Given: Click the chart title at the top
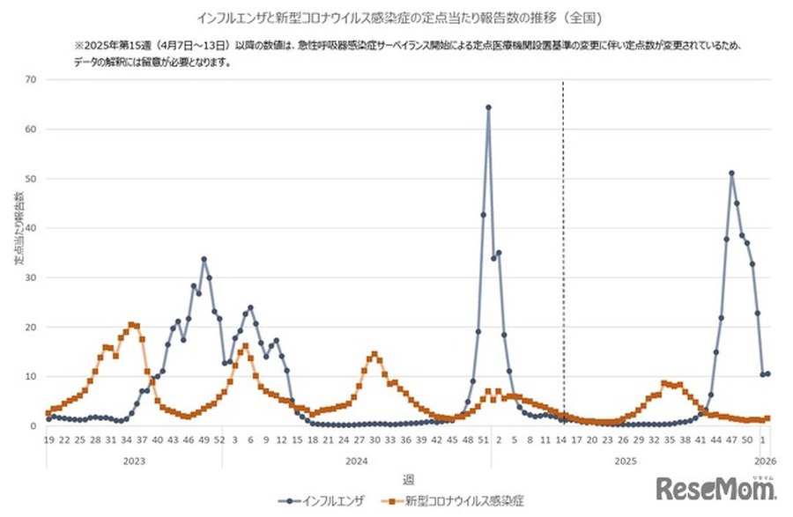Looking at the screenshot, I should coord(396,16).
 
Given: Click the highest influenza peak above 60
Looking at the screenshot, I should coord(488,107).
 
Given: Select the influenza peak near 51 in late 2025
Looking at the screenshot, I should coord(731,174).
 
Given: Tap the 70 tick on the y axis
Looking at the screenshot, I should coord(32,79).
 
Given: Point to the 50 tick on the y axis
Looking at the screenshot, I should coord(32,179).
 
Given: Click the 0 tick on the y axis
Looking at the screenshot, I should coord(34,426).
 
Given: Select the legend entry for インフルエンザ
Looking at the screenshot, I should coord(337,499).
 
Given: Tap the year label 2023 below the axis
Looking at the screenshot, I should coord(134,460).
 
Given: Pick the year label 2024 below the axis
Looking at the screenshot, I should coord(357,460).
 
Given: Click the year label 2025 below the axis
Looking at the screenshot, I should coord(626,460).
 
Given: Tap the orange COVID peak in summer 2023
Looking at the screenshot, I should coord(132,325).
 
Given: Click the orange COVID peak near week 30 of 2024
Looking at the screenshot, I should coord(374,355).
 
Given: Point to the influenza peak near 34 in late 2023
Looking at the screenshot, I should coord(204,260).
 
